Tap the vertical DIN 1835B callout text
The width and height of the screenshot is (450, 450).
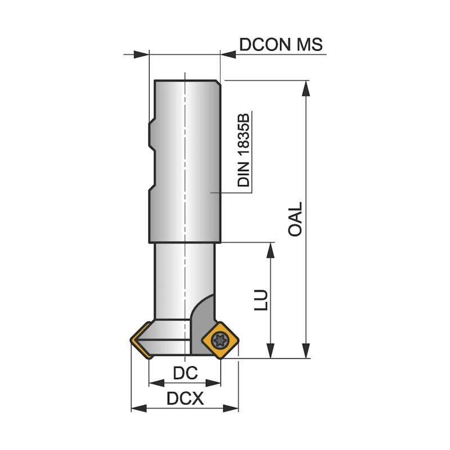pyautogui.click(x=244, y=150)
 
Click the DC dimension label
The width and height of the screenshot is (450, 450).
pyautogui.click(x=184, y=373)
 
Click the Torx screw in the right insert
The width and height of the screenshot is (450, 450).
pyautogui.click(x=218, y=339)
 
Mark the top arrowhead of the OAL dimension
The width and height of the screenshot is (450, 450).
pyautogui.click(x=305, y=87)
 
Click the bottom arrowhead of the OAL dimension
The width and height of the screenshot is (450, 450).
pyautogui.click(x=305, y=352)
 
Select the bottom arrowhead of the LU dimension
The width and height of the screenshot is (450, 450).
pyautogui.click(x=271, y=352)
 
